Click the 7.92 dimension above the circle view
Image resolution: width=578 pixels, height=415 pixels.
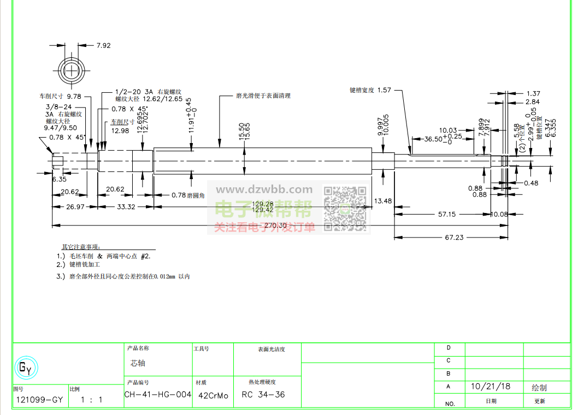point(103,45)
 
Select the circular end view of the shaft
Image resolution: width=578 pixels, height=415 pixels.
point(72,71)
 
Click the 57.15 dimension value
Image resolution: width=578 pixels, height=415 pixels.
point(446,214)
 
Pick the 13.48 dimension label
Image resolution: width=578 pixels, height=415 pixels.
point(382,201)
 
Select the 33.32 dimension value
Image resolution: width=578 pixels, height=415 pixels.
point(126,207)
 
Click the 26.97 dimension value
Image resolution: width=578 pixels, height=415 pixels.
point(75,207)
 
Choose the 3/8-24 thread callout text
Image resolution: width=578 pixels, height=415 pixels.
point(59,106)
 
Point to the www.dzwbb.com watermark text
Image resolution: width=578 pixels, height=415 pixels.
point(264,190)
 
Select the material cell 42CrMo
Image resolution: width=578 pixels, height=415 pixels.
point(213,395)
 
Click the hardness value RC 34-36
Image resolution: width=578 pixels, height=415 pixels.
point(263,395)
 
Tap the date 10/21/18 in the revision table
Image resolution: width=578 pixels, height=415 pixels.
point(490,387)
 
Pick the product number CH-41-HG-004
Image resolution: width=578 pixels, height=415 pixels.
point(158,394)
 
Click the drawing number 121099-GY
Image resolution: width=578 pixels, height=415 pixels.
point(39,400)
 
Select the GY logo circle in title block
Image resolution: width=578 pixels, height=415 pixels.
point(26,369)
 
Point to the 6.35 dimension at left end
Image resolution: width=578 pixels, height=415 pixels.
point(60,179)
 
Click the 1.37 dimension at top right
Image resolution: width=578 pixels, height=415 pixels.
point(533,94)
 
